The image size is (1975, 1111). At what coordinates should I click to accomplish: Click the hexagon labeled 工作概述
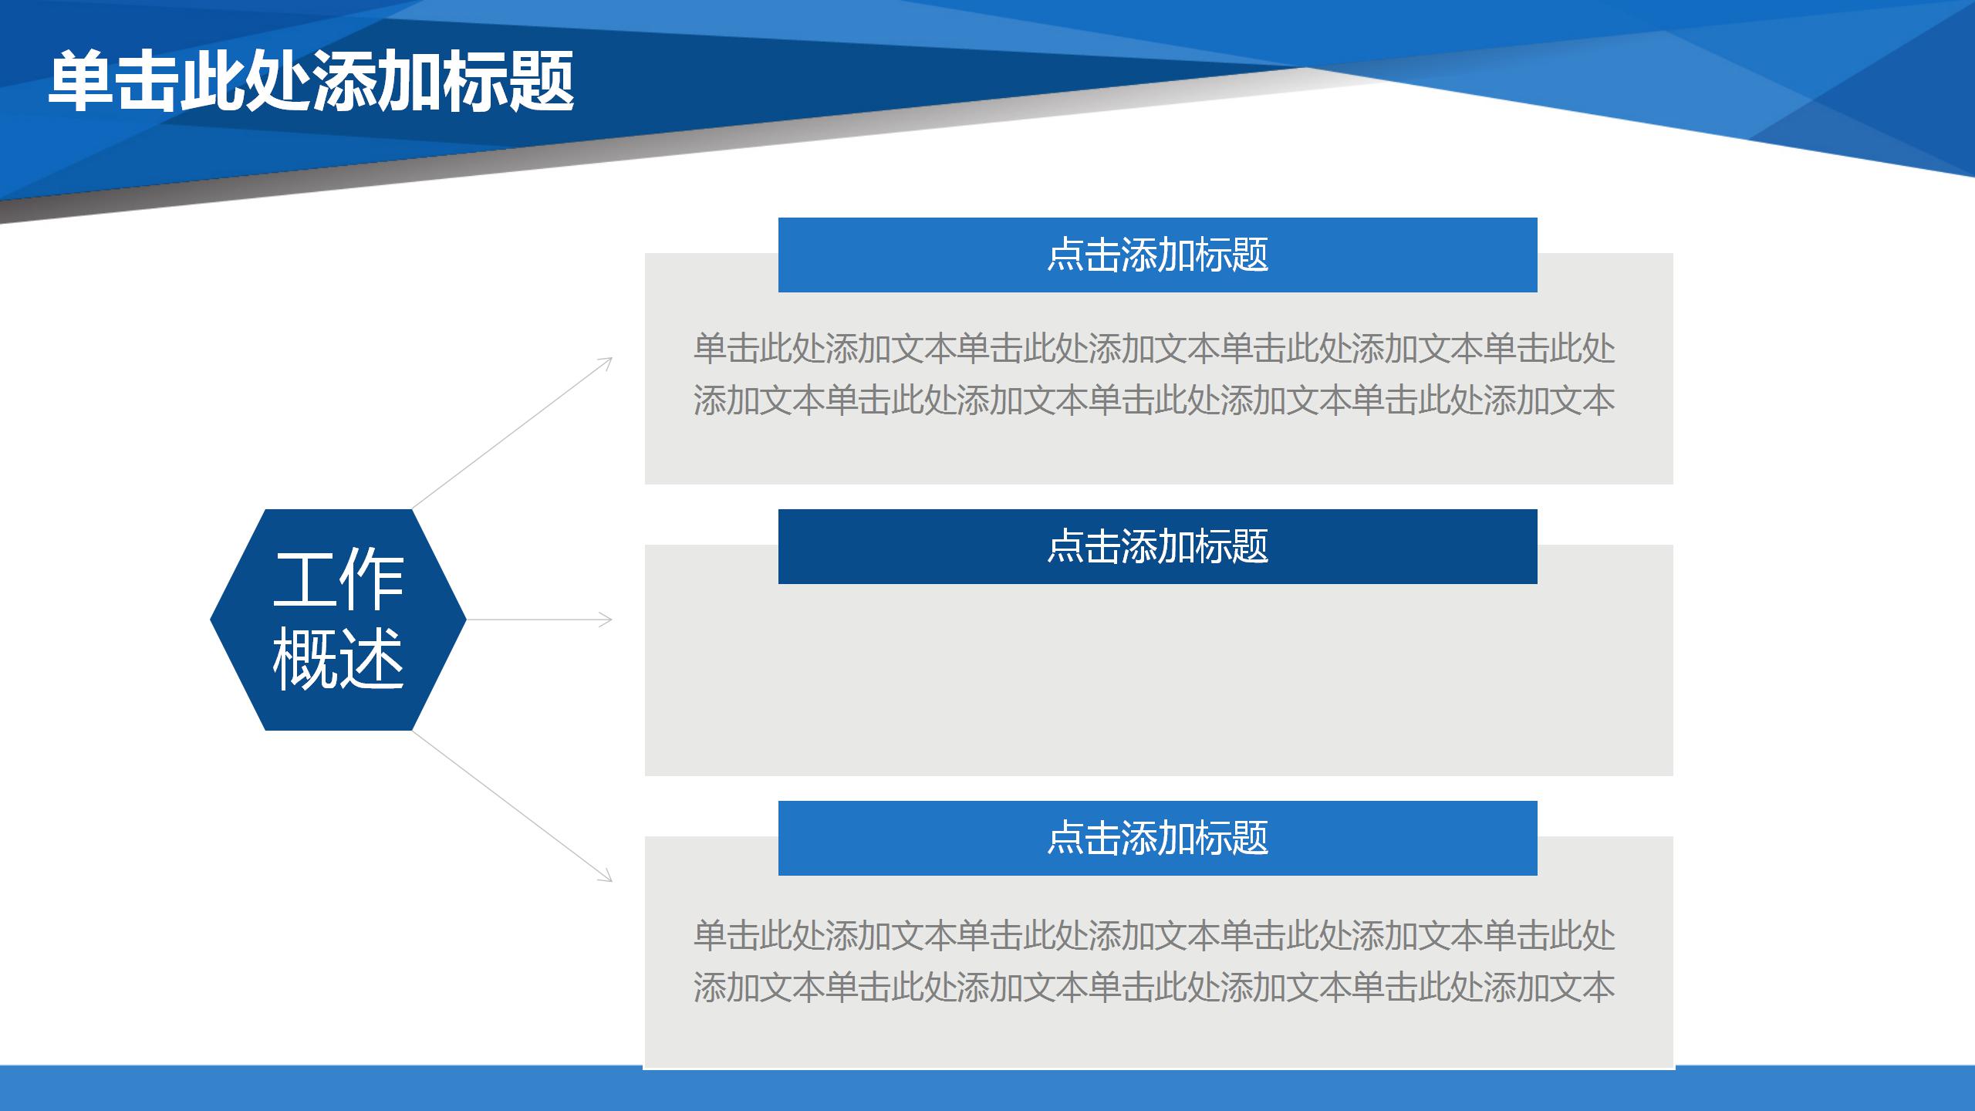338,620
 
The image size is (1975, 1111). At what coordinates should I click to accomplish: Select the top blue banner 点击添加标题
1157,255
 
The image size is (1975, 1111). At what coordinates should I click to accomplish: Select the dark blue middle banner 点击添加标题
1157,546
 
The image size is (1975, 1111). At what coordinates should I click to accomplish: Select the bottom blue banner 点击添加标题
1157,838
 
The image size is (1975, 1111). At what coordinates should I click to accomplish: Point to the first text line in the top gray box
1153,349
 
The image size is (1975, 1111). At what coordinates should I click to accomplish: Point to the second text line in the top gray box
1153,400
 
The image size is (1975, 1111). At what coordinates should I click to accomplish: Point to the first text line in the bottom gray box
1153,935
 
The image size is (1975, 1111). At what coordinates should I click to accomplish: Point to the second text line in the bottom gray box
1153,988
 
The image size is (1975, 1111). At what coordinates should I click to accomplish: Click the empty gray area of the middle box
1157,679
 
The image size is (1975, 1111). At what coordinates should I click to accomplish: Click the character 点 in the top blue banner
1065,255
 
